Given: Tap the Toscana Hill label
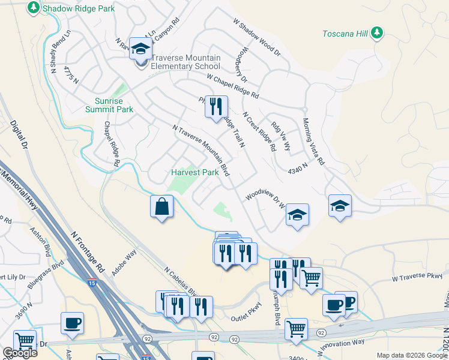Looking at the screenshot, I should click(x=345, y=34).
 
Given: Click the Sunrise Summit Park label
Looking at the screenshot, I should click(x=114, y=106).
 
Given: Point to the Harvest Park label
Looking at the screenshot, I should click(x=194, y=172).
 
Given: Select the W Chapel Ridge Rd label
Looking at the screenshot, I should click(x=232, y=86).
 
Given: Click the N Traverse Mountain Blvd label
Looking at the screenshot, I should click(x=201, y=151).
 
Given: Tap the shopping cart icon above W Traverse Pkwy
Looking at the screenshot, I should click(x=311, y=278).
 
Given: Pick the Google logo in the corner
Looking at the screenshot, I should click(x=19, y=353).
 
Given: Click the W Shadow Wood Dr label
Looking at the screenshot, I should click(x=257, y=37).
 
